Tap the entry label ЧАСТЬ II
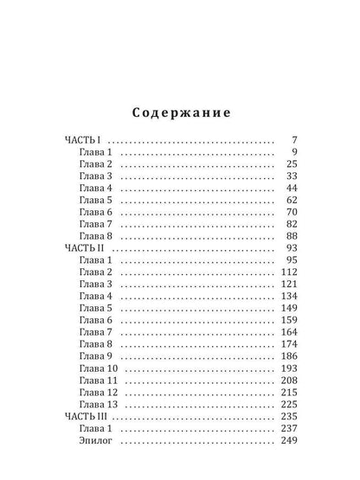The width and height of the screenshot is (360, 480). coord(85,247)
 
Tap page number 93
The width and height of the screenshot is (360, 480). coord(292,247)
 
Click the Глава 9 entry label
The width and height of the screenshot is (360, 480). coord(95,355)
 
